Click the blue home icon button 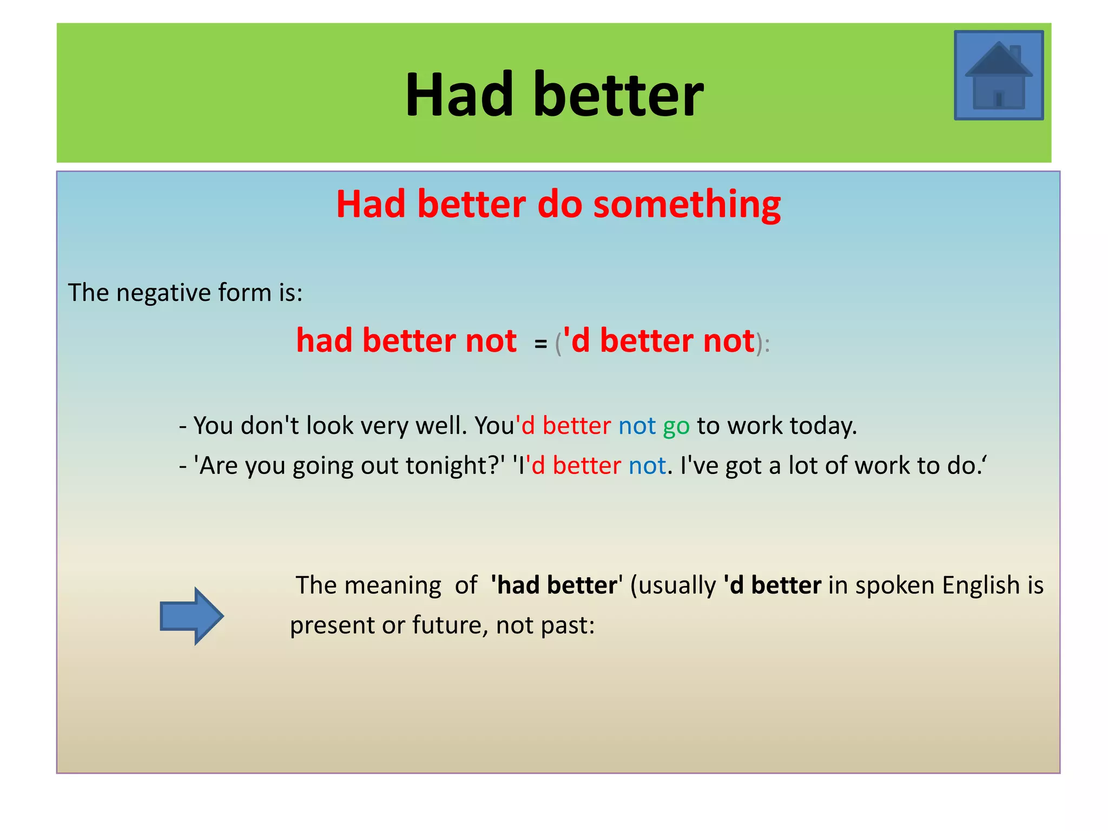pyautogui.click(x=998, y=75)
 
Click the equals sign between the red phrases pyautogui.click(x=540, y=344)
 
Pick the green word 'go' pyautogui.click(x=676, y=426)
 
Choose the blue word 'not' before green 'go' pyautogui.click(x=637, y=426)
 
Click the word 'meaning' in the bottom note pyautogui.click(x=393, y=586)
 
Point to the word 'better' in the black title pyautogui.click(x=618, y=95)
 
